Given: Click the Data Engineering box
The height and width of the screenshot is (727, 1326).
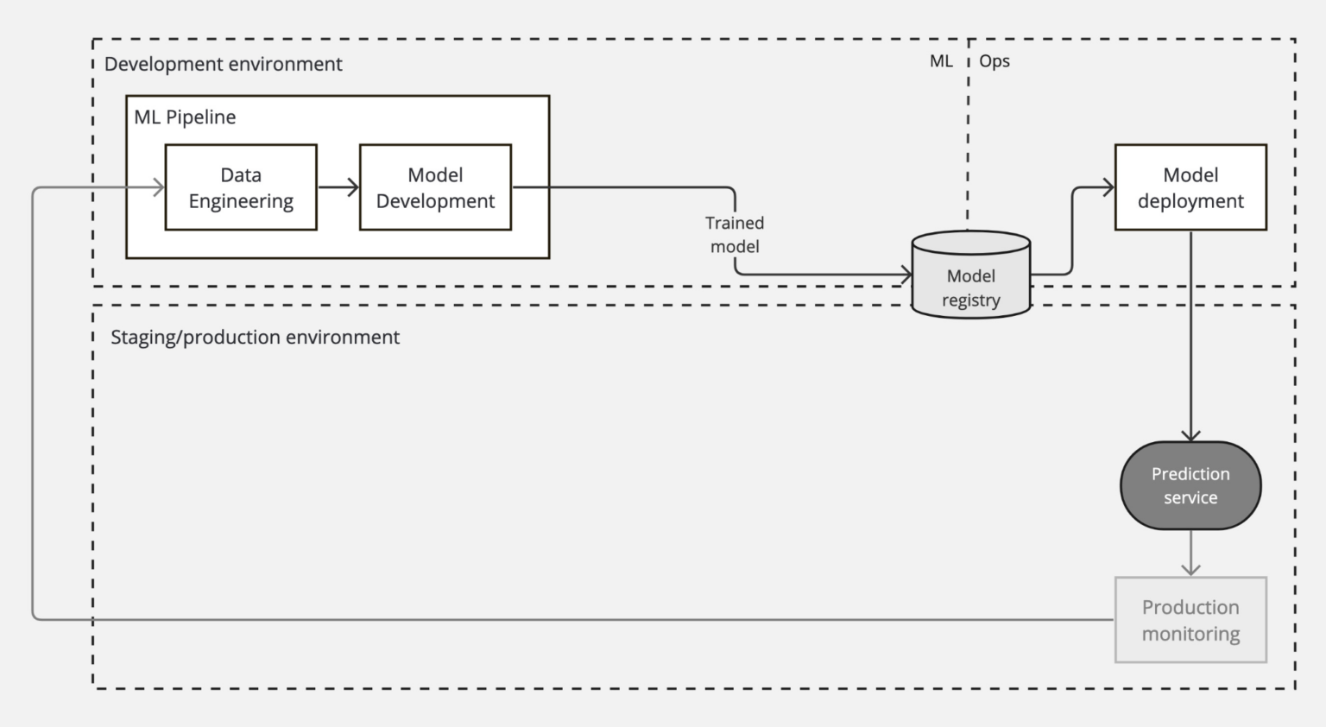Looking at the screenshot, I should tap(241, 187).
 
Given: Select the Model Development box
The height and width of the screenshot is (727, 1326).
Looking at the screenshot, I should tap(435, 187).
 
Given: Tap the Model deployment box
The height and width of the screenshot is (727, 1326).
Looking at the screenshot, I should tap(1190, 187).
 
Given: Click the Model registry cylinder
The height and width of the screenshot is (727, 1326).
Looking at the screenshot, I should tap(971, 275).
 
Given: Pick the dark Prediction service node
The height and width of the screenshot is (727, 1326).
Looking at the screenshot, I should tap(1190, 485).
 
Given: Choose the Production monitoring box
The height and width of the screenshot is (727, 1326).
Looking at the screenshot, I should tap(1190, 620).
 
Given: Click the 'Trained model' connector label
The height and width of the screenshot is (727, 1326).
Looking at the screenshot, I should tap(735, 235).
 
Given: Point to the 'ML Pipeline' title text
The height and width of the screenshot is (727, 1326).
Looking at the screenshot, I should tap(185, 117).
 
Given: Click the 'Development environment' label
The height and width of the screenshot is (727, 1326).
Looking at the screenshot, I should tap(223, 64).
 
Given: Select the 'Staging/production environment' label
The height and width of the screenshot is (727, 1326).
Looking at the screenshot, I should tap(255, 337).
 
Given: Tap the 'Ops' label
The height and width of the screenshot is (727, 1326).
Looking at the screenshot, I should tap(994, 61).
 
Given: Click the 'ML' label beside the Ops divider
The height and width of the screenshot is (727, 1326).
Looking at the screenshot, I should tap(941, 61).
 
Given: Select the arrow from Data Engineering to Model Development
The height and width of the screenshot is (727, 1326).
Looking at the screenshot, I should tap(338, 187).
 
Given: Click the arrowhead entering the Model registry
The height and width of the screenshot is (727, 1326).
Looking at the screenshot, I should tap(906, 275).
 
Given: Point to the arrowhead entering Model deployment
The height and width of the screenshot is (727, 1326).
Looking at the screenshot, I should tap(1108, 187).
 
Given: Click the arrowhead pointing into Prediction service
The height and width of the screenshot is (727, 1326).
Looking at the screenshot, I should tap(1190, 435).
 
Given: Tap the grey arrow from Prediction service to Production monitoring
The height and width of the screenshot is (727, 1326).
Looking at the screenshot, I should tap(1190, 553).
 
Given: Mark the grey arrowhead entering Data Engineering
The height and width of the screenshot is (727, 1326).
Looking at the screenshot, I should tap(159, 187).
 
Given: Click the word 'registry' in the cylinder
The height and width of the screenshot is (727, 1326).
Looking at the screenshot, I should tap(971, 300).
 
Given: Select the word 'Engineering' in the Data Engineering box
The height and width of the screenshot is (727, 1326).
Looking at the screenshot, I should tap(241, 201).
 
